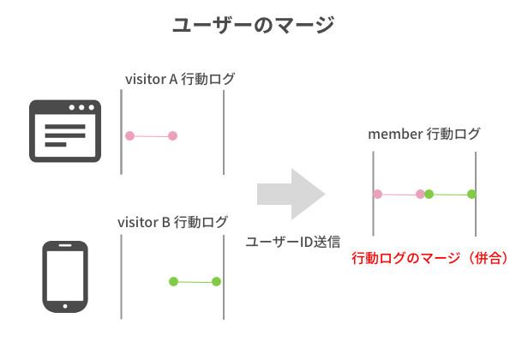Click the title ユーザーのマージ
click(x=254, y=25)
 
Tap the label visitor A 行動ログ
click(x=180, y=79)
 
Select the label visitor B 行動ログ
click(x=172, y=222)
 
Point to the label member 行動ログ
click(x=423, y=134)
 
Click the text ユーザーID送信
click(x=293, y=242)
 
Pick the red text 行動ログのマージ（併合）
click(x=430, y=258)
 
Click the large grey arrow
click(x=291, y=195)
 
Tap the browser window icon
click(x=65, y=131)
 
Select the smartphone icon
click(x=65, y=277)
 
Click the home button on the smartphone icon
click(x=65, y=306)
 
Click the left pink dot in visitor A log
click(x=129, y=135)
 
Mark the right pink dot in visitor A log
click(x=172, y=135)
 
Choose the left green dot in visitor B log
click(x=174, y=281)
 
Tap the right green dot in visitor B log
click(x=216, y=281)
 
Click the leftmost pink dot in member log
click(x=378, y=195)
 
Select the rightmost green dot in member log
click(x=471, y=195)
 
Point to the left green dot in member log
click(x=429, y=195)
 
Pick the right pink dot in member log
click(x=420, y=195)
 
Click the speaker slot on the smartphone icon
click(x=65, y=245)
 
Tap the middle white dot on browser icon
click(x=81, y=107)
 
